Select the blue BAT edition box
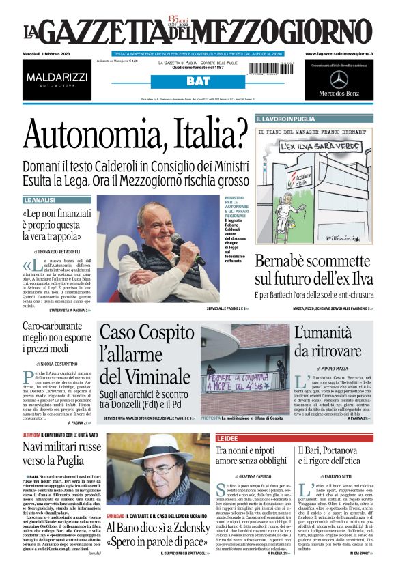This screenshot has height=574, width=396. [x=198, y=81]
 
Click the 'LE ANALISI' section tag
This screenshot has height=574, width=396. [x=39, y=200]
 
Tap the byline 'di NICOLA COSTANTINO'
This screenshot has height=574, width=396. [x=60, y=365]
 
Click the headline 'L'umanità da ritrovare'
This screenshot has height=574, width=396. [x=330, y=342]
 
